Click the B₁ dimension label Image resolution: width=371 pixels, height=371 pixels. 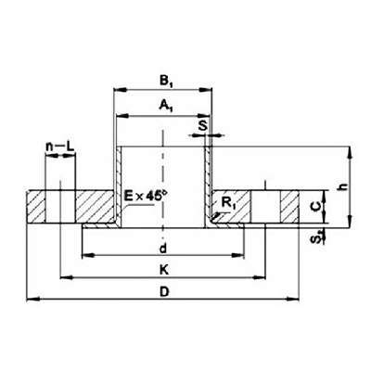click(x=166, y=82)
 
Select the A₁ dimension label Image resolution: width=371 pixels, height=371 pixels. click(x=166, y=106)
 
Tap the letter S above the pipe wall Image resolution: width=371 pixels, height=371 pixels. click(x=203, y=126)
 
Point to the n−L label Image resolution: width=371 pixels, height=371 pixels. click(x=60, y=147)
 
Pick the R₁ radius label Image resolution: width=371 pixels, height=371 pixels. click(x=228, y=203)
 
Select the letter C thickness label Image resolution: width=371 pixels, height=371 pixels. click(x=315, y=207)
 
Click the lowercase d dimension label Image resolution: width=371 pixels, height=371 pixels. click(x=163, y=249)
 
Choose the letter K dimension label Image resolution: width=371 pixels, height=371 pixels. click(x=164, y=270)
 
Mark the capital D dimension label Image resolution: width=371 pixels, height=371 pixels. click(x=164, y=291)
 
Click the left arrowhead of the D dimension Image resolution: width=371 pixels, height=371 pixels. click(x=33, y=299)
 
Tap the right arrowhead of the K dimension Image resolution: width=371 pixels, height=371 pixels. click(x=259, y=278)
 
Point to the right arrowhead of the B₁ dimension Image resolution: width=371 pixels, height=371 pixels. click(x=205, y=90)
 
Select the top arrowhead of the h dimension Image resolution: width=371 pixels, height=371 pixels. click(x=350, y=153)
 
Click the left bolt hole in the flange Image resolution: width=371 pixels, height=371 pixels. click(x=60, y=206)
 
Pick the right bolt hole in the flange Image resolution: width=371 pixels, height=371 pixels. click(x=265, y=206)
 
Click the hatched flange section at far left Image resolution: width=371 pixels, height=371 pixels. click(x=36, y=206)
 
